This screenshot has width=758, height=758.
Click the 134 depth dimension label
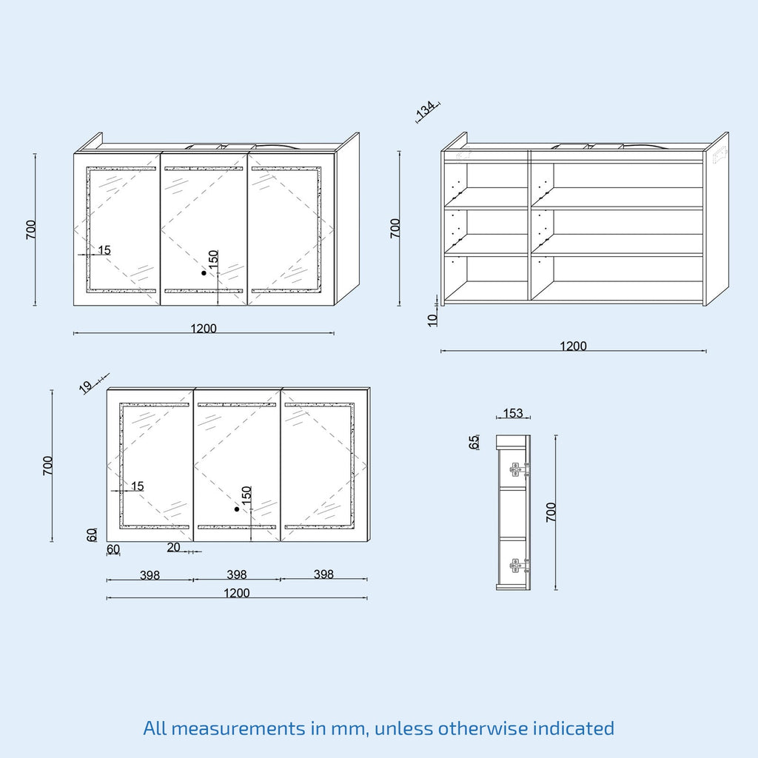coord(426,110)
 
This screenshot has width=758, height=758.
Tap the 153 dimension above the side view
coord(513,413)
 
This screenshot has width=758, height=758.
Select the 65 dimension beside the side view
coord(474,442)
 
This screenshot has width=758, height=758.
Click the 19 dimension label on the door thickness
coord(86,386)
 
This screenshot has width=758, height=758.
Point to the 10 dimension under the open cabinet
coord(432,320)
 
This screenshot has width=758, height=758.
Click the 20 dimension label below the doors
coord(173,547)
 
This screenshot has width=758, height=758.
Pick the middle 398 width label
coord(237,574)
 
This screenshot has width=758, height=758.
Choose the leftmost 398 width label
coord(150,575)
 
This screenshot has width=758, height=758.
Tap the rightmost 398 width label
coord(323,574)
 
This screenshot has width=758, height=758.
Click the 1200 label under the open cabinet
coord(573,346)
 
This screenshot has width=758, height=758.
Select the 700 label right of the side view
coord(551,512)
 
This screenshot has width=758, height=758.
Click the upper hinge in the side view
coord(519,469)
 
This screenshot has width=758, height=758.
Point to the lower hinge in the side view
coord(519,565)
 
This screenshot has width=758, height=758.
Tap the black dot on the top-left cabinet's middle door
coord(204,273)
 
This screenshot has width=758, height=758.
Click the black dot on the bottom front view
coord(237,509)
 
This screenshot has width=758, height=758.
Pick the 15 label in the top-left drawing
coord(104,250)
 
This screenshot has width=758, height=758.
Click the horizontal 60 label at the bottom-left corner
coord(113,549)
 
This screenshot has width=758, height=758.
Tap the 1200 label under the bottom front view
coord(237,593)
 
